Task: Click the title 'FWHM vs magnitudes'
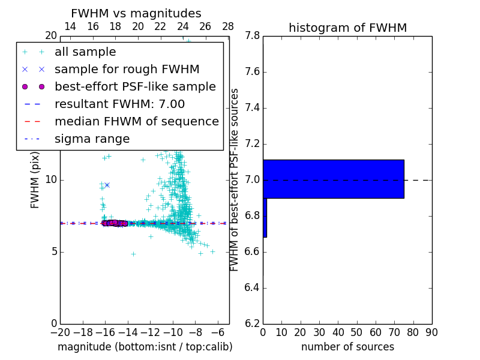click(x=136, y=13)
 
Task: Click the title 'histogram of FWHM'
click(x=347, y=28)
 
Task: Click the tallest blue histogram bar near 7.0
click(x=333, y=179)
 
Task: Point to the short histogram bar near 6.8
click(x=265, y=217)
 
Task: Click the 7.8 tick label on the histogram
click(x=251, y=36)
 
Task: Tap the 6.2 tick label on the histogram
click(x=251, y=323)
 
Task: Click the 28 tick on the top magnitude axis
click(x=228, y=26)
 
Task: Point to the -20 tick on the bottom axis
click(x=60, y=332)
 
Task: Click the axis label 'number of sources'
click(x=347, y=347)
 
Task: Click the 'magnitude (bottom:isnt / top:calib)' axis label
click(x=145, y=347)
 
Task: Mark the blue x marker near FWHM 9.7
click(x=107, y=185)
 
